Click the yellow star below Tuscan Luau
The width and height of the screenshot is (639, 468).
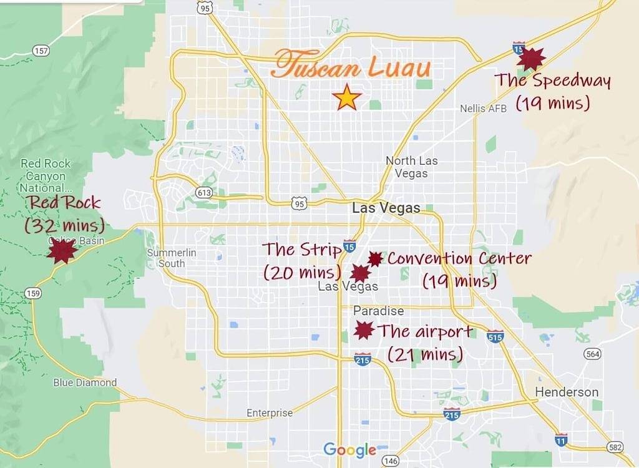[x=346, y=98]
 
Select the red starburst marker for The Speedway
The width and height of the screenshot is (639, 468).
[x=531, y=59]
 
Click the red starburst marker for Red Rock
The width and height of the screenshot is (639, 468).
[x=62, y=251]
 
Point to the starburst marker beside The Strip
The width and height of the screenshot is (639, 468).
[x=359, y=273]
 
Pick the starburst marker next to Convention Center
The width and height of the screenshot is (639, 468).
[x=374, y=259]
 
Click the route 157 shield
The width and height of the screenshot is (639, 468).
[x=41, y=51]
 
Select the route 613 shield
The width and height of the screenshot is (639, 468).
[x=204, y=193]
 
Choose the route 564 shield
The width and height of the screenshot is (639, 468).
[x=592, y=354]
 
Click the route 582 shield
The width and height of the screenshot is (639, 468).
[x=616, y=447]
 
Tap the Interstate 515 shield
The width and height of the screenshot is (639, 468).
[x=495, y=336]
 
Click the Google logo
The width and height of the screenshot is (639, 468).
[x=349, y=449]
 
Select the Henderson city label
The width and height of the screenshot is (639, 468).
[x=567, y=392]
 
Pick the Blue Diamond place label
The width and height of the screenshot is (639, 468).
[x=85, y=383]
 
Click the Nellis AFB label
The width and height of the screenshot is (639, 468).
[x=484, y=109]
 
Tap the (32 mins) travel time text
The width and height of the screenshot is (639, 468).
[x=64, y=225]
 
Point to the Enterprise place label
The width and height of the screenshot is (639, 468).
[x=270, y=413]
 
